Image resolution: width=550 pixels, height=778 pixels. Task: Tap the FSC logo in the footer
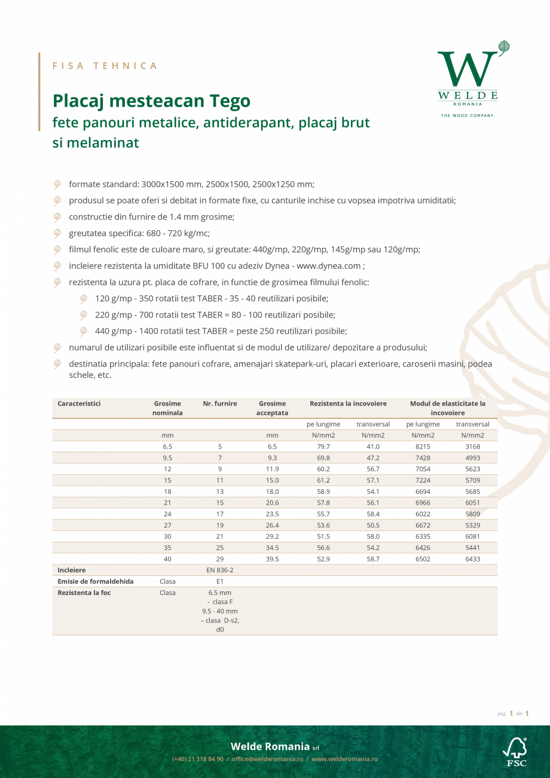pos(516,752)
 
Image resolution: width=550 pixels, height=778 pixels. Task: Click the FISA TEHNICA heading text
pos(105,66)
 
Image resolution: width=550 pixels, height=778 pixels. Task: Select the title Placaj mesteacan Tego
pos(151,100)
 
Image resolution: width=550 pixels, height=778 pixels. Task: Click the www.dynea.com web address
pos(329,266)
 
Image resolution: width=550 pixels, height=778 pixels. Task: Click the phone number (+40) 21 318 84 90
pos(198,759)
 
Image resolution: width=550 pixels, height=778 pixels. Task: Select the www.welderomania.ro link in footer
pos(344,759)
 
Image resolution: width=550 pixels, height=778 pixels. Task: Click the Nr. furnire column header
pos(220,404)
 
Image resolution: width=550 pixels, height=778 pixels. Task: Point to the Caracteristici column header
pos(79,404)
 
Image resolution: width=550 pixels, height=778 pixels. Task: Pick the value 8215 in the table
pos(423,447)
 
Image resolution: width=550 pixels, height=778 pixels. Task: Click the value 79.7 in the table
pos(323,447)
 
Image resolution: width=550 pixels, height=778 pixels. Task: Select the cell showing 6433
pos(472,559)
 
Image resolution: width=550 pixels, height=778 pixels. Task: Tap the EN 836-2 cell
pos(220,570)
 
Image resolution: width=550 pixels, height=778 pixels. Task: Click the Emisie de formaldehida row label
pos(96,581)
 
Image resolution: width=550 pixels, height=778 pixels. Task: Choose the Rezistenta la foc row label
pos(84,593)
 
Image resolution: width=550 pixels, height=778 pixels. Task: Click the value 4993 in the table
pos(472,458)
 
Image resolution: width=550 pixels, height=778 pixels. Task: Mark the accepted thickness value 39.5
pos(272,559)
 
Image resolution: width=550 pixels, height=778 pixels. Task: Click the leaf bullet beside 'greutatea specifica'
pos(57,233)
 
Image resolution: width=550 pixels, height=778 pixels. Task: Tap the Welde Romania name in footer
pos(270,746)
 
